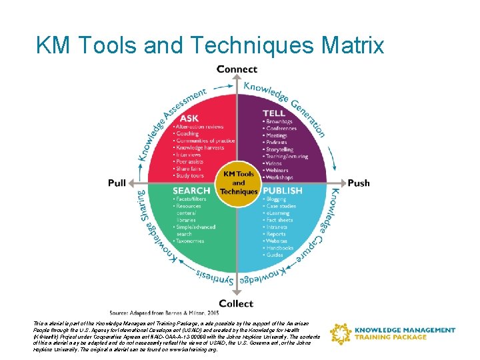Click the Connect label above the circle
click(237, 69)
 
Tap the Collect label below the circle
click(236, 303)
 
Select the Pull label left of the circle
click(117, 183)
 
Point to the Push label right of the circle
click(359, 183)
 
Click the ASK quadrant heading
click(189, 119)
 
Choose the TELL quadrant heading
click(273, 113)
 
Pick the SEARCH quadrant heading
click(192, 191)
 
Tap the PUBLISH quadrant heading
click(283, 191)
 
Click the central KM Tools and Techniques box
click(239, 182)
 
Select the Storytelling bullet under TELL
click(279, 150)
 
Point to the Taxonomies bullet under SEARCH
click(190, 241)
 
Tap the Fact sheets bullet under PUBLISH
click(281, 220)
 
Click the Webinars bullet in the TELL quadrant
click(278, 171)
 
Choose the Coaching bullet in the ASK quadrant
click(187, 133)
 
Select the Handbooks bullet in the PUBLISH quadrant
click(281, 248)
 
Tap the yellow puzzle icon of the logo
click(341, 334)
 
